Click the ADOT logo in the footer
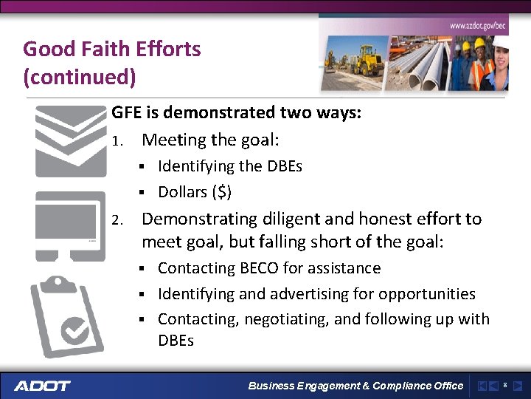(42, 386)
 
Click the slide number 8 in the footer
(504, 386)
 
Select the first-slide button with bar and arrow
(482, 386)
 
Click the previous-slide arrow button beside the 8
(493, 386)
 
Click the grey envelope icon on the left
(71, 141)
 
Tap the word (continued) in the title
(79, 76)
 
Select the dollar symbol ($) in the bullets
(221, 192)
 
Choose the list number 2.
(116, 220)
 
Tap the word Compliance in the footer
(404, 386)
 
